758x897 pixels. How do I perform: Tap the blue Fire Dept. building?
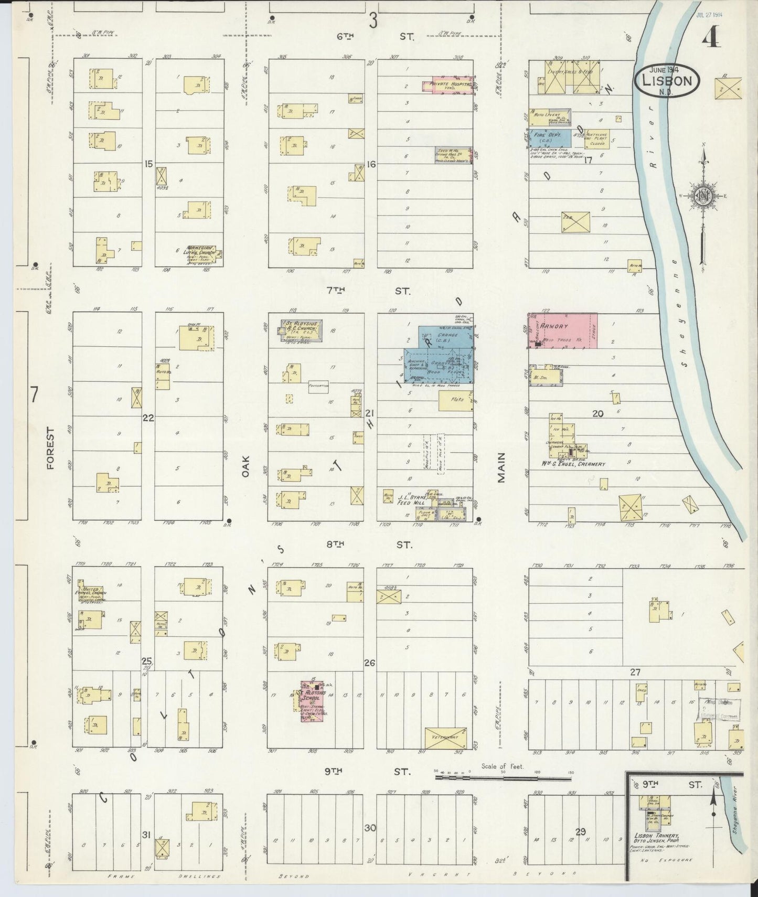pos(549,138)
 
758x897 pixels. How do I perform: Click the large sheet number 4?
pos(711,36)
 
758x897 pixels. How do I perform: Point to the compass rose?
pos(702,197)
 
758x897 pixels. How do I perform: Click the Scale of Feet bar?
pos(504,774)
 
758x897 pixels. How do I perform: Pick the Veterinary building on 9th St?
pos(445,737)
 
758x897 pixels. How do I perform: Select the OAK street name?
pos(245,465)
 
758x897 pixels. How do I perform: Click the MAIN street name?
pos(501,467)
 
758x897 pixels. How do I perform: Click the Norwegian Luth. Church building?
pos(198,253)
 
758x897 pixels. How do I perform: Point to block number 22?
pos(148,418)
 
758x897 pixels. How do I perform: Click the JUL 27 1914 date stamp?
pos(709,15)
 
